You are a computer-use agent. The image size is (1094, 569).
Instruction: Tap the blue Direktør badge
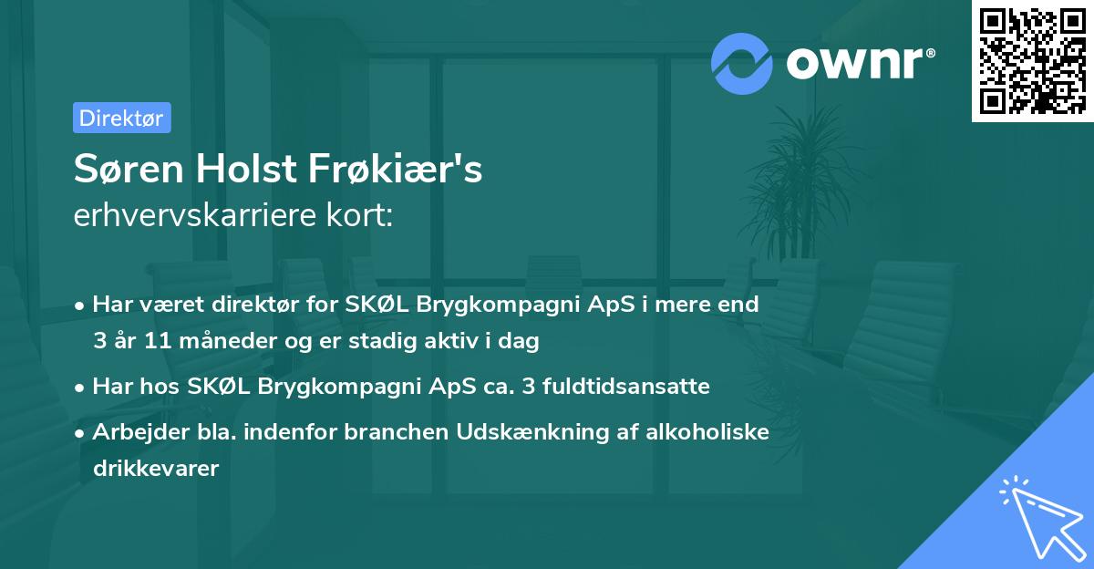tap(121, 118)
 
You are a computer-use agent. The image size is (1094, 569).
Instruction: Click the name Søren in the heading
tap(124, 169)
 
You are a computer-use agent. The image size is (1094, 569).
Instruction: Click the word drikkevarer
tap(156, 469)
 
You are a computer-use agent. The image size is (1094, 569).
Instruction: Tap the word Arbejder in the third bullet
tap(136, 431)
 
